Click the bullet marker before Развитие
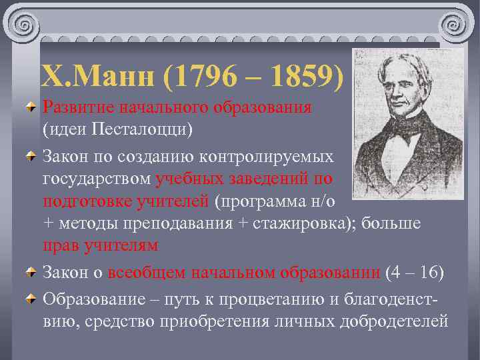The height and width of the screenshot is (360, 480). tap(31, 108)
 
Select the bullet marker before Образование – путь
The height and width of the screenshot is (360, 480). tap(31, 299)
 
